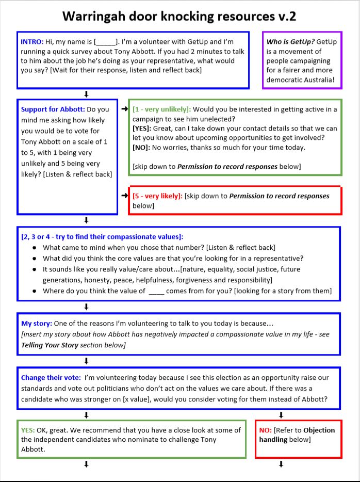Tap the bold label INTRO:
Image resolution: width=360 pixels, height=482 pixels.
click(x=32, y=41)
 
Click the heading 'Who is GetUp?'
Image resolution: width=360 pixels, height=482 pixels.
click(x=290, y=41)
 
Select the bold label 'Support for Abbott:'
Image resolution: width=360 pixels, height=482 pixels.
click(x=53, y=109)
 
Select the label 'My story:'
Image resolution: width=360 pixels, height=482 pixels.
click(x=36, y=324)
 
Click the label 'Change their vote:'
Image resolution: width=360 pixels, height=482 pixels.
click(x=51, y=378)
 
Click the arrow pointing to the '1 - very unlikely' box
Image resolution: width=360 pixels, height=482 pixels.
click(x=124, y=109)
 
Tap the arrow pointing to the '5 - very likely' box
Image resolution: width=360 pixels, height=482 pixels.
click(x=124, y=196)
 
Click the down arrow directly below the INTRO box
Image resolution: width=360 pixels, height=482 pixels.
click(x=86, y=94)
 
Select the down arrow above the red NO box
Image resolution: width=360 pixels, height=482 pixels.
click(x=281, y=415)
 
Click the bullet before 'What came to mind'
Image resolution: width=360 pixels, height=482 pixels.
click(x=34, y=248)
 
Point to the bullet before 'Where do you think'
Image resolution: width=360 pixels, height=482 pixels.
click(x=34, y=291)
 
